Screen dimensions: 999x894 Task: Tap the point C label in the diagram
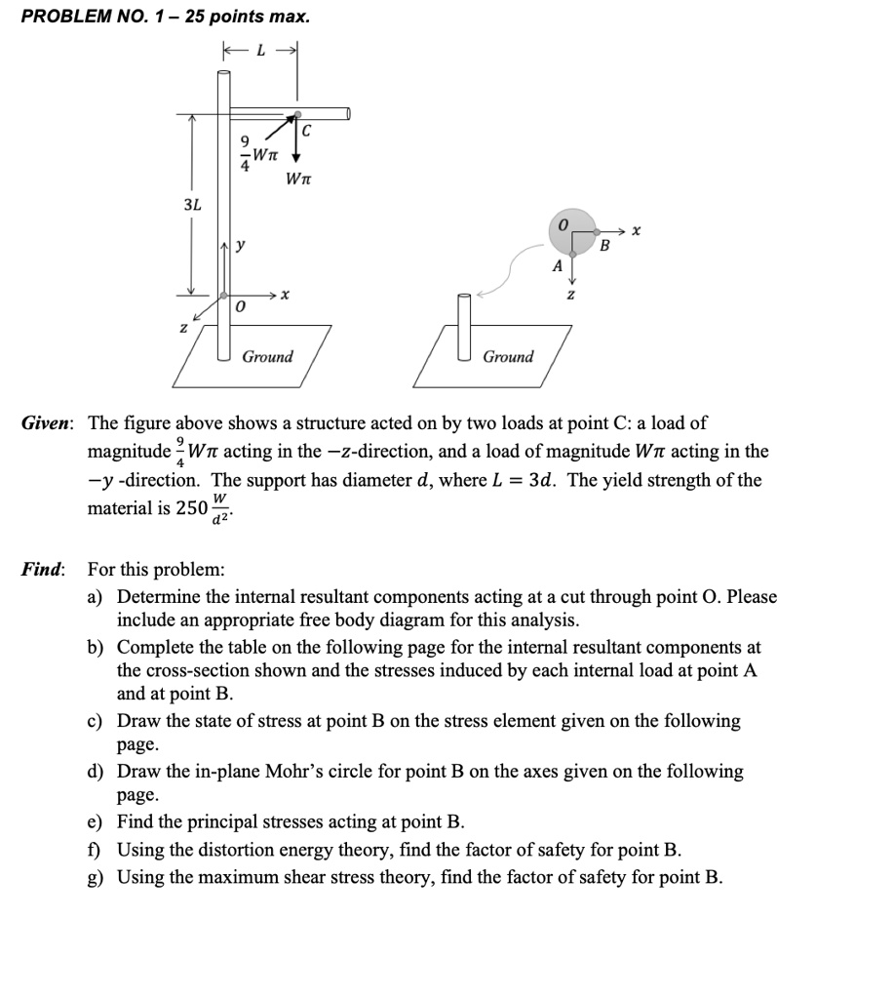[x=306, y=129]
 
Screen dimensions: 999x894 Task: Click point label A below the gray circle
[x=557, y=265]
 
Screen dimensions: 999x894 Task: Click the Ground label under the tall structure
[x=267, y=356]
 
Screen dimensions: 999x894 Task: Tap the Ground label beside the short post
[x=508, y=356]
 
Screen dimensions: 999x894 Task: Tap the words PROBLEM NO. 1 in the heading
[x=98, y=17]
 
